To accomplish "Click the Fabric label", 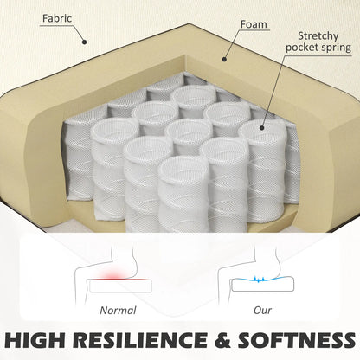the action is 57,18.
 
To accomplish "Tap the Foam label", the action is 254,24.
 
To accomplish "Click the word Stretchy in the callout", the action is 318,36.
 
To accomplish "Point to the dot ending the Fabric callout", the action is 84,42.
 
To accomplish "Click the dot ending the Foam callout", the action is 224,60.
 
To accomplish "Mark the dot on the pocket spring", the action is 262,127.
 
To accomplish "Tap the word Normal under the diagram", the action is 118,311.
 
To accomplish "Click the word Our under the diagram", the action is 262,311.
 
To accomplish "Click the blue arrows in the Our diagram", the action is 258,279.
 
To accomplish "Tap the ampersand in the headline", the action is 222,340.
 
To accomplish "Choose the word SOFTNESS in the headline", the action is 297,340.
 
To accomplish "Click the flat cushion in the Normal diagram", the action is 120,286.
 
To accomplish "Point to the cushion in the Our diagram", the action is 263,285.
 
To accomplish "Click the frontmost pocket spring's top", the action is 182,167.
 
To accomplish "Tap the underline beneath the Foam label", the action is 254,30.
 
